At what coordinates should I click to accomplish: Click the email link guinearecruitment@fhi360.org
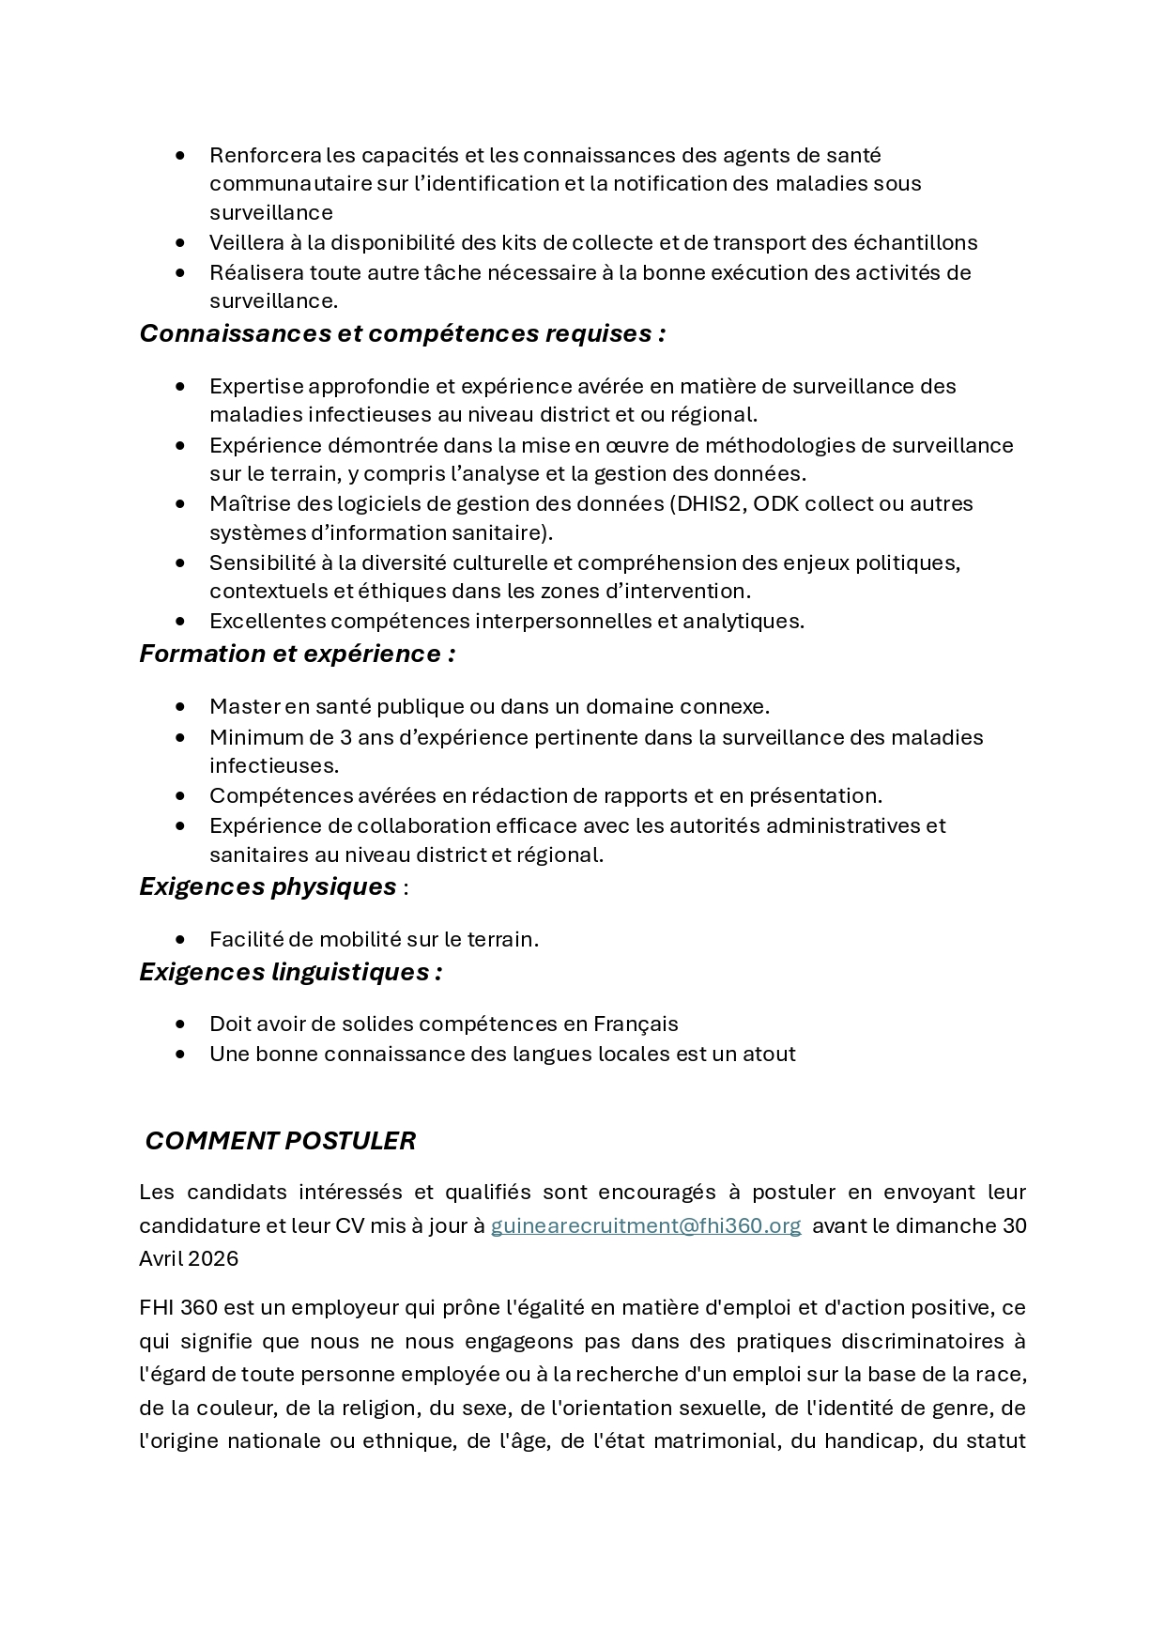pos(646,1225)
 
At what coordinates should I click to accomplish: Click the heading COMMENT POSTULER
pos(280,1141)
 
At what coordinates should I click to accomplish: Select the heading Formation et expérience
pos(297,654)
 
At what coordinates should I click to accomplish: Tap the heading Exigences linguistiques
pos(290,972)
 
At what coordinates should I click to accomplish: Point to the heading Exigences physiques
pos(268,886)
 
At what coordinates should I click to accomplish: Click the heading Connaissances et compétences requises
pos(402,333)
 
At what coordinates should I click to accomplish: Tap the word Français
pos(636,1024)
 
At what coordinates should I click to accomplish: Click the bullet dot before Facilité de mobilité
pos(180,939)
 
